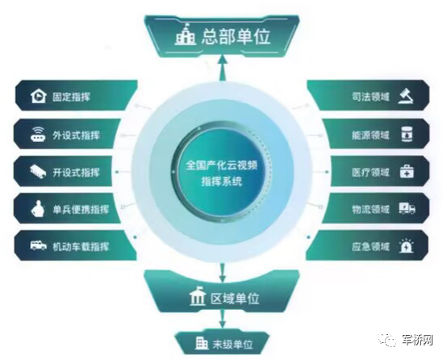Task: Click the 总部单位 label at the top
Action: point(236,37)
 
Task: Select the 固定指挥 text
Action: point(71,97)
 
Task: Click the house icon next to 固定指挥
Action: point(38,96)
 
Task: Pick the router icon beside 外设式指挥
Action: point(38,134)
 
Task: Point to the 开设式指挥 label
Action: point(76,173)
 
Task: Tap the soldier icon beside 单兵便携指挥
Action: point(38,209)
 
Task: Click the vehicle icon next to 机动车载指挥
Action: point(38,245)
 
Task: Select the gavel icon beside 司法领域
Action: point(406,96)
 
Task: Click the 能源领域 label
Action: point(370,135)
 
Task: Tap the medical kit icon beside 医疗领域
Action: point(407,171)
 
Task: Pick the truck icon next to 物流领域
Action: point(407,208)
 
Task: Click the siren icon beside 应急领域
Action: point(406,246)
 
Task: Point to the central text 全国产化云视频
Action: point(222,165)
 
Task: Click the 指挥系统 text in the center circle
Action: point(222,181)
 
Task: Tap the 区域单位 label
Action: point(235,299)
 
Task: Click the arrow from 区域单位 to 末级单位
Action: point(223,319)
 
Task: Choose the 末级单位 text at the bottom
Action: point(232,345)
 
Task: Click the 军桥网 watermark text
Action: point(417,340)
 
